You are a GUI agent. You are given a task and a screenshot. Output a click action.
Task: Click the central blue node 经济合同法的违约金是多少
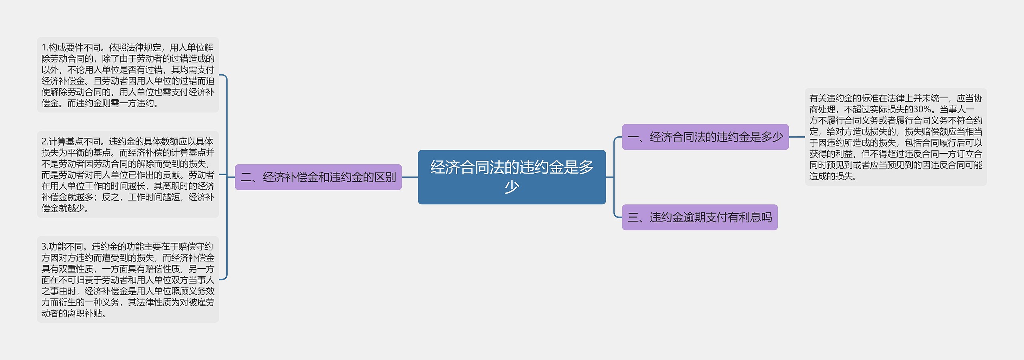coord(512,177)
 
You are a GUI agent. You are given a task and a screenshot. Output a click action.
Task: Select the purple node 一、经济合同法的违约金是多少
coord(705,137)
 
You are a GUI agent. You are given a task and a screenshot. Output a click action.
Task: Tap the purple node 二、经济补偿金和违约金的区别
coord(318,177)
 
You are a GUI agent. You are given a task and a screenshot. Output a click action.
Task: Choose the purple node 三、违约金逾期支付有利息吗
coord(699,217)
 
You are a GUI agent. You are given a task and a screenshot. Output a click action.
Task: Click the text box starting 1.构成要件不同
coord(128,75)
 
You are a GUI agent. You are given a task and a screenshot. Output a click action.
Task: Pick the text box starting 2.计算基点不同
coord(128,174)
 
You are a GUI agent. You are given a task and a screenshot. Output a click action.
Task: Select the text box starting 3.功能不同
coord(128,280)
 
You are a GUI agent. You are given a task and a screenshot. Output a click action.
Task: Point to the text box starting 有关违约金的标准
coord(896,137)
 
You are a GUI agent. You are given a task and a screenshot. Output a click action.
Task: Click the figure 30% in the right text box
coord(922,109)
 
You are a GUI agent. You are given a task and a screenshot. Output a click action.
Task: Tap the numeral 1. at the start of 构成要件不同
coord(45,48)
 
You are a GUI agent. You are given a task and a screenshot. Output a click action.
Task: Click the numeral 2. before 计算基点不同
coord(45,142)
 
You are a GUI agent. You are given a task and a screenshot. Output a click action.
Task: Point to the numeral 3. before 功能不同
coord(45,247)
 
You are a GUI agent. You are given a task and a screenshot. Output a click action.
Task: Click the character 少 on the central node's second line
coord(512,187)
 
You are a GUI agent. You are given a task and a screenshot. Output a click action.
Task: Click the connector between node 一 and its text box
coord(797,137)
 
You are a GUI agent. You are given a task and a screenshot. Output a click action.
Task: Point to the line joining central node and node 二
coord(410,177)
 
